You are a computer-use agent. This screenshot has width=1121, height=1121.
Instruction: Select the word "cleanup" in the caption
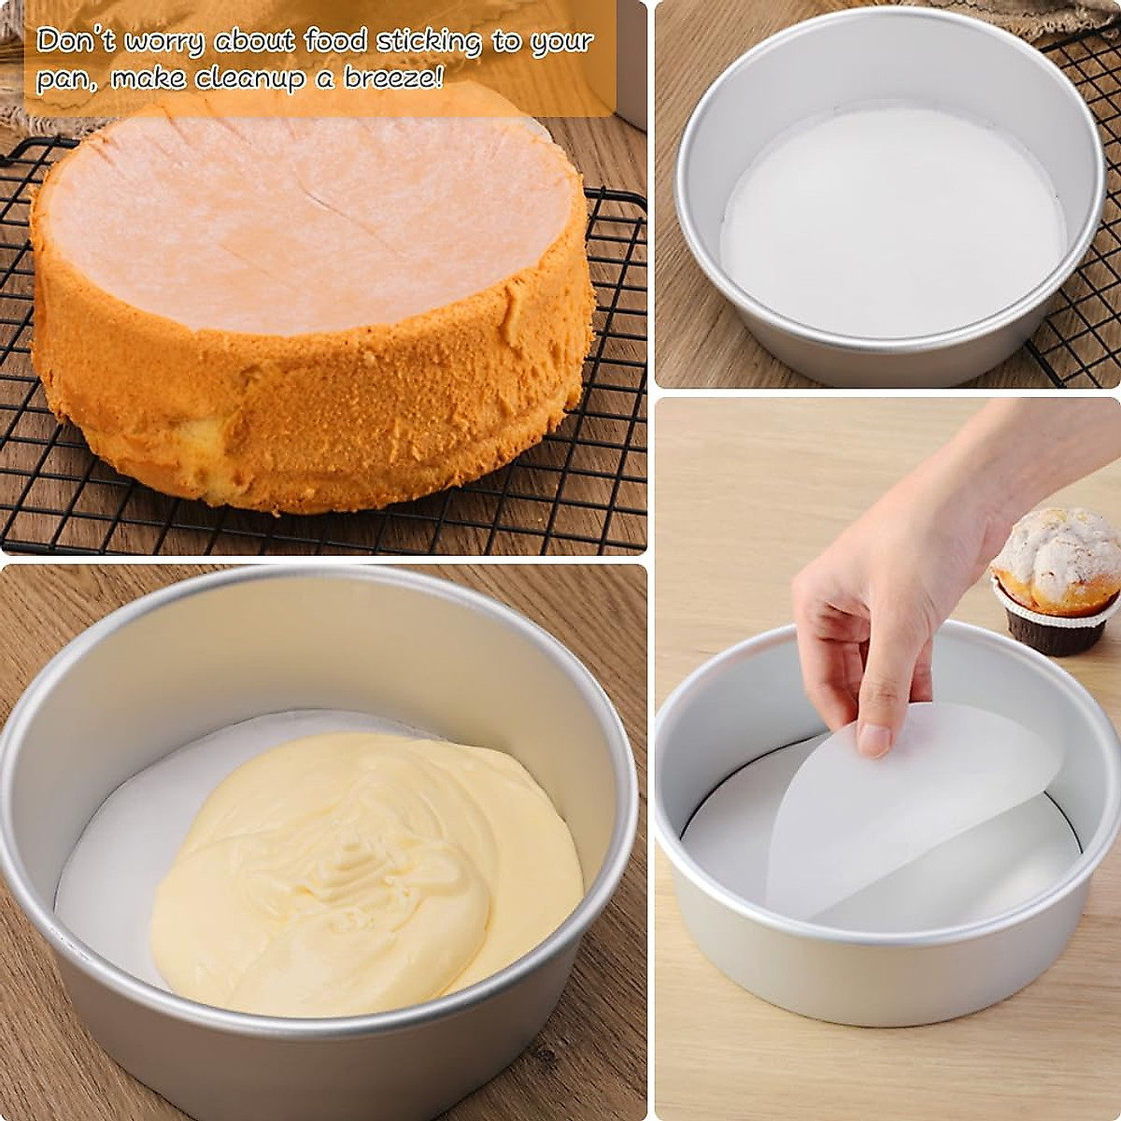pos(251,78)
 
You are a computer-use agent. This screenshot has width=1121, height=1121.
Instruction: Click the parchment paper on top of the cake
pos(308,215)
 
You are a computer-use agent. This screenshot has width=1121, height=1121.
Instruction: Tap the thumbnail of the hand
pos(874,740)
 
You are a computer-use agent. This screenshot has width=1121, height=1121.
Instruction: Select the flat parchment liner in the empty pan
pos(892,224)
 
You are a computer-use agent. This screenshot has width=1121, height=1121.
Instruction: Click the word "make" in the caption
pos(150,78)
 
